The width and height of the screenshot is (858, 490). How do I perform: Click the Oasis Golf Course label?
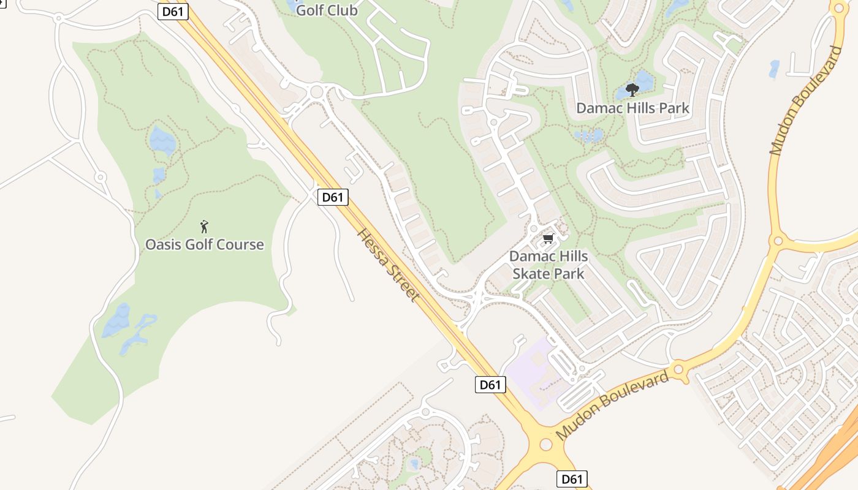[204, 244]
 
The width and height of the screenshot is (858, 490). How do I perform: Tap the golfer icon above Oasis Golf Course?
[204, 227]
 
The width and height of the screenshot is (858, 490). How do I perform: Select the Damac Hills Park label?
[632, 108]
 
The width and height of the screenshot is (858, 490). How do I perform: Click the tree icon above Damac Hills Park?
[632, 91]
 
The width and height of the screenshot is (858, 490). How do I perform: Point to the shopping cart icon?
[548, 238]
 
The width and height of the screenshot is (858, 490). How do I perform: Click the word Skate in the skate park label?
[530, 273]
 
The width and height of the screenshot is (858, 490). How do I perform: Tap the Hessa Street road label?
[389, 265]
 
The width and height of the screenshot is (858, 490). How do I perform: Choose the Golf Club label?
[327, 10]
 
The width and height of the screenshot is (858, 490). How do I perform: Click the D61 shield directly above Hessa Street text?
[333, 197]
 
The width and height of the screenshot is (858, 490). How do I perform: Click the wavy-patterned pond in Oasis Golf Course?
[162, 141]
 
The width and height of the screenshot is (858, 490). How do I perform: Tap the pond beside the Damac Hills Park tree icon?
[643, 82]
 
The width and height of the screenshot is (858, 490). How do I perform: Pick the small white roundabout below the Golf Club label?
[316, 92]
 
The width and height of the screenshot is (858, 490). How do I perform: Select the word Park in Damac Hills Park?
[674, 108]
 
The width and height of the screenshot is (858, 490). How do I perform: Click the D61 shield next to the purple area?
[490, 385]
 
